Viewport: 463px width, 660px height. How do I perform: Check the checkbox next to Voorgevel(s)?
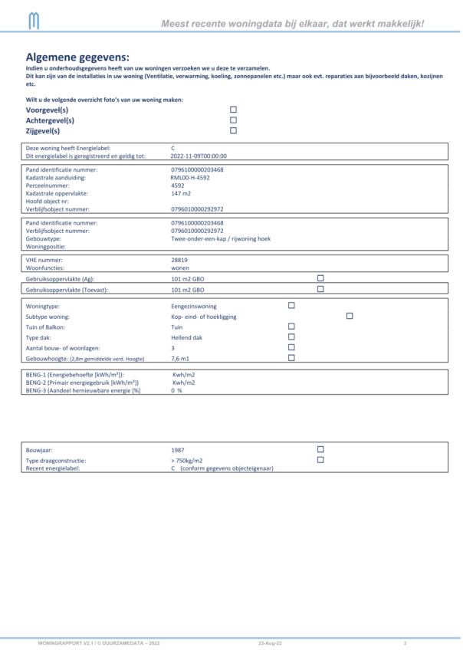pyautogui.click(x=234, y=110)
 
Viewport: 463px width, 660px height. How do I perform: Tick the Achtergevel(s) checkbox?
pyautogui.click(x=234, y=120)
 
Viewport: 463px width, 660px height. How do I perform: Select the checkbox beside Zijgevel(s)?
pyautogui.click(x=234, y=130)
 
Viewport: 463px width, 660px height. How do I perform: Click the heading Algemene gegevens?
pyautogui.click(x=77, y=57)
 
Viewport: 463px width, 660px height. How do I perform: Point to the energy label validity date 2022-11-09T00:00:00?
pyautogui.click(x=199, y=156)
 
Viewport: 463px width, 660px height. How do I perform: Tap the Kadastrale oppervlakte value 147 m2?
pyautogui.click(x=181, y=193)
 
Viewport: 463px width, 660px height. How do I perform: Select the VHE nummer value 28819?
pyautogui.click(x=179, y=260)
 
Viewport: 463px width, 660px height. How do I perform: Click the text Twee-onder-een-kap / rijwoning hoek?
pyautogui.click(x=221, y=238)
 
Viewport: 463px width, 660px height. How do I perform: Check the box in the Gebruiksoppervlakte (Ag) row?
pyautogui.click(x=320, y=278)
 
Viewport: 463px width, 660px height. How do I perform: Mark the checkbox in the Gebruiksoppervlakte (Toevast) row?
pyautogui.click(x=320, y=289)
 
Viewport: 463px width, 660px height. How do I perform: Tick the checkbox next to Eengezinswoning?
pyautogui.click(x=291, y=305)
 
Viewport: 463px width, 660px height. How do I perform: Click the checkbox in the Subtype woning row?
pyautogui.click(x=350, y=316)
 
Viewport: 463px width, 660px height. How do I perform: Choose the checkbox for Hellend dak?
pyautogui.click(x=291, y=337)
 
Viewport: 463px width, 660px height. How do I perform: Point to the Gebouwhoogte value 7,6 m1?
pyautogui.click(x=181, y=358)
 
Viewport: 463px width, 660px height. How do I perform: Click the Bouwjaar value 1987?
pyautogui.click(x=178, y=449)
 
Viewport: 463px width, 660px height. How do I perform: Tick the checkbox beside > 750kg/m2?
pyautogui.click(x=320, y=460)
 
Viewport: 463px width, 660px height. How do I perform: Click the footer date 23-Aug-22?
pyautogui.click(x=270, y=642)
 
